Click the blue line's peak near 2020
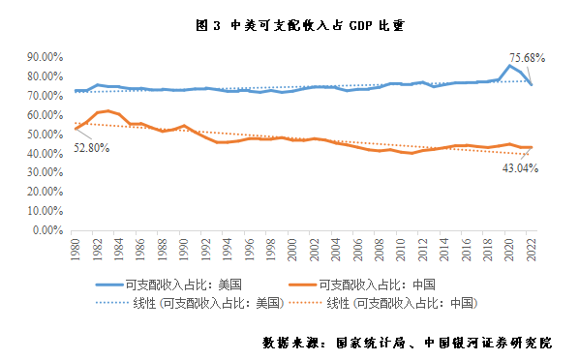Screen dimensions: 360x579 (510, 65)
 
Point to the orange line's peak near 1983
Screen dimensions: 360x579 (108, 110)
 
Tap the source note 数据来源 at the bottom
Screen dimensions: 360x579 (419, 343)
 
